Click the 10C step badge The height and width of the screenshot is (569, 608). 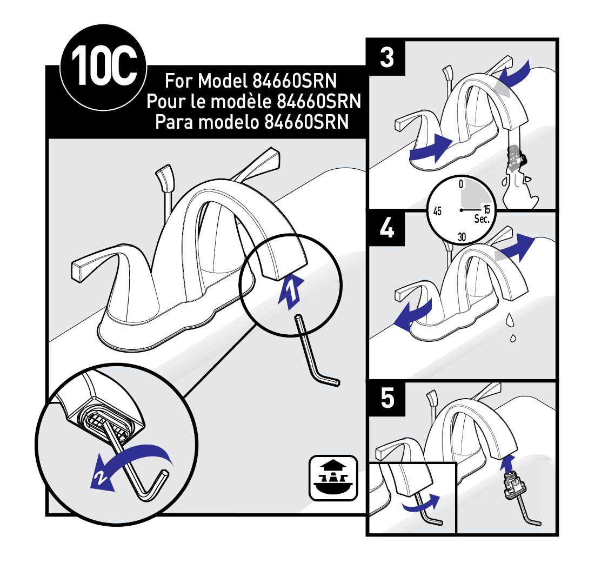click(x=104, y=68)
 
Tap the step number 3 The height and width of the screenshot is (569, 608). click(x=387, y=58)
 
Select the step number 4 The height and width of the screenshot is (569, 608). click(x=387, y=228)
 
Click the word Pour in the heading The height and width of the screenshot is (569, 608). click(x=165, y=102)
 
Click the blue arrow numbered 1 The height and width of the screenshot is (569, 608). click(x=291, y=290)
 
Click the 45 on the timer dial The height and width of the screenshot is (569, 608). click(x=437, y=211)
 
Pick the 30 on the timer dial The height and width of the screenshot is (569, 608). click(x=462, y=237)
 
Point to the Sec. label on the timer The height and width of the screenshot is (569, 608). click(x=482, y=219)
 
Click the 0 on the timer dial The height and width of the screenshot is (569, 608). click(x=461, y=184)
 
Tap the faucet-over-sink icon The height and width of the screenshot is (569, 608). click(x=333, y=478)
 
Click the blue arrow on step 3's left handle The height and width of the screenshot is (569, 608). click(x=431, y=148)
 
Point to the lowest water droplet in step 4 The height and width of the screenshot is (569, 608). click(x=513, y=338)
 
